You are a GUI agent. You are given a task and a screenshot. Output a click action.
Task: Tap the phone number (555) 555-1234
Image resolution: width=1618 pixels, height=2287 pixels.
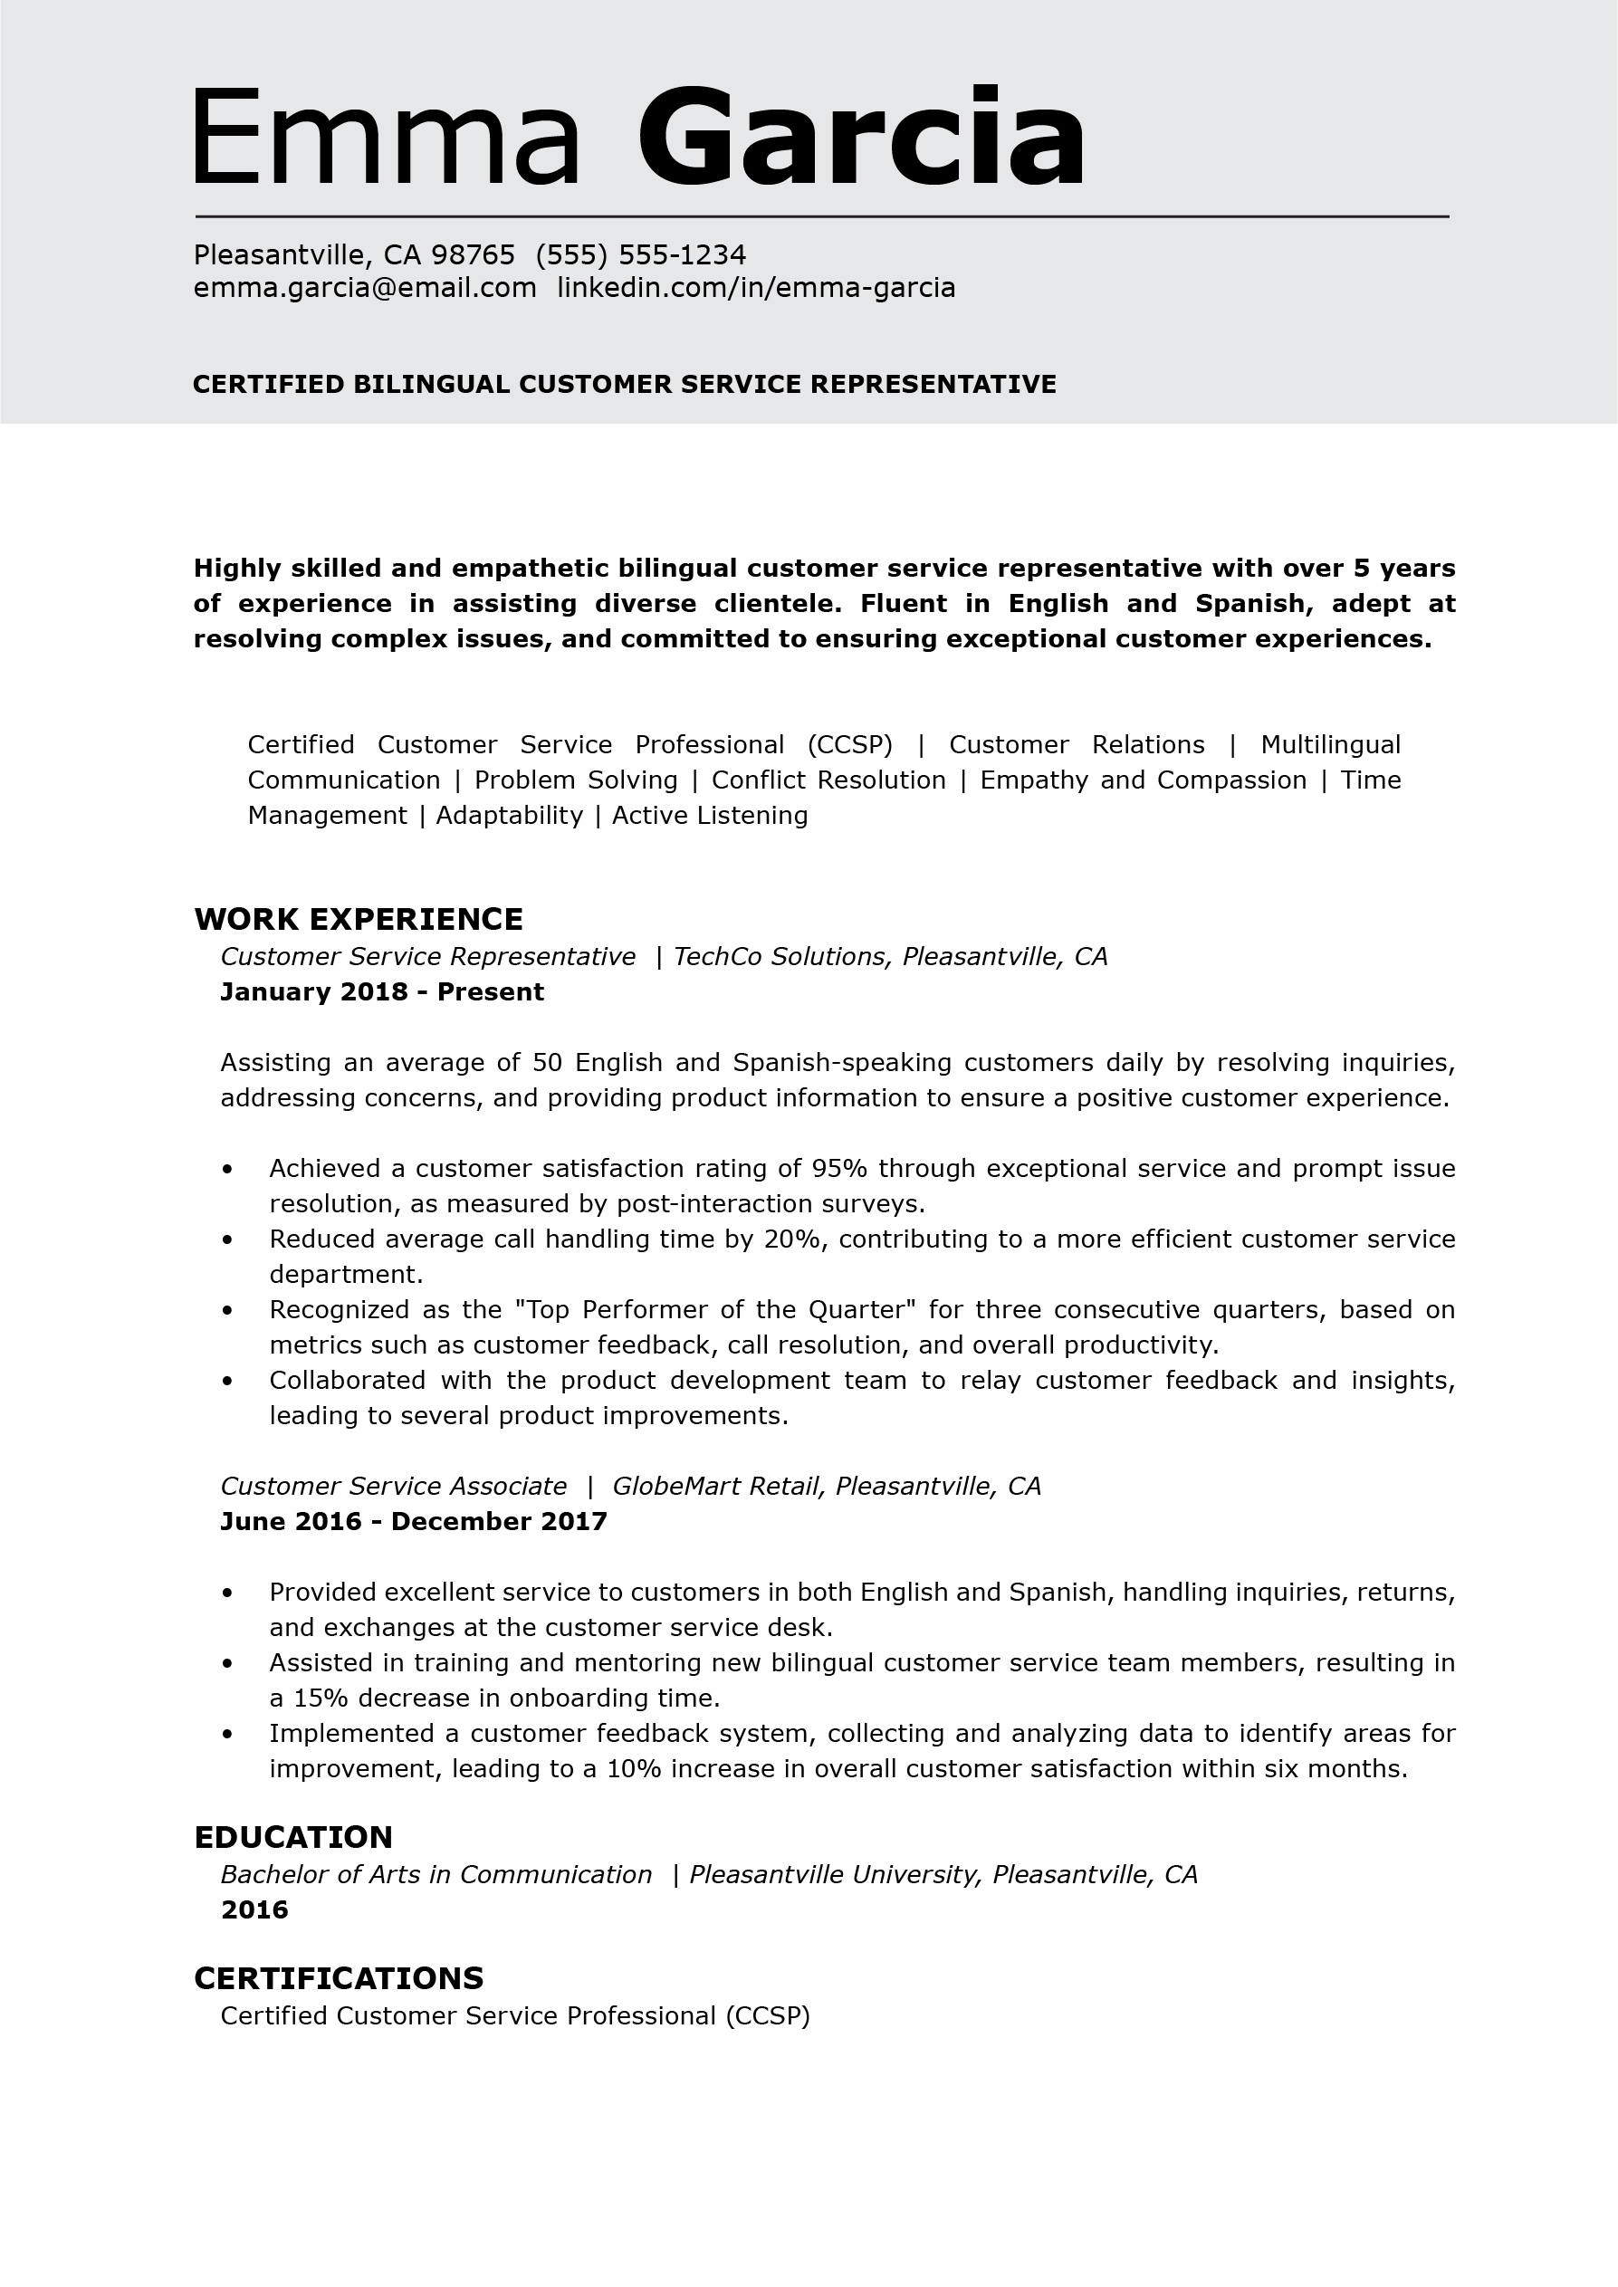[x=641, y=255]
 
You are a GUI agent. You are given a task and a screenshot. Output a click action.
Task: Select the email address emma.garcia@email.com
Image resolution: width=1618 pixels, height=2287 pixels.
[x=365, y=288]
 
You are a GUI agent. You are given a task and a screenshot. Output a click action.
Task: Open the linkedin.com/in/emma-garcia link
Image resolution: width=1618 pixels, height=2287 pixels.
[x=755, y=288]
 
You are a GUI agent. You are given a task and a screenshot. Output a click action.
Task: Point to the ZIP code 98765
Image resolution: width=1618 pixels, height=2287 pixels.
[x=473, y=255]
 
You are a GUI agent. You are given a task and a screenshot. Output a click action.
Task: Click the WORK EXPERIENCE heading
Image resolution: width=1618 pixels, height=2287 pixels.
[x=359, y=918]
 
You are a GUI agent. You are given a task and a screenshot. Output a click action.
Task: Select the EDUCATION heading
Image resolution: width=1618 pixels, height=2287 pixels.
[x=293, y=1837]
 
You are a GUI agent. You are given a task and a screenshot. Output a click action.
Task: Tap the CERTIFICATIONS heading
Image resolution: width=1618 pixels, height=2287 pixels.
[x=339, y=1977]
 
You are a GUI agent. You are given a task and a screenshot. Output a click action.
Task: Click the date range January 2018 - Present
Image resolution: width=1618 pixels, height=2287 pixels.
[x=381, y=992]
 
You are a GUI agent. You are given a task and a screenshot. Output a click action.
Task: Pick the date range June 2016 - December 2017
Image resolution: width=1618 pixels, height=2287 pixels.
[x=414, y=1521]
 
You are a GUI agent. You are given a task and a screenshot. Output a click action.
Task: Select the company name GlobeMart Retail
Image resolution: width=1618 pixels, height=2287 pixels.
[x=716, y=1486]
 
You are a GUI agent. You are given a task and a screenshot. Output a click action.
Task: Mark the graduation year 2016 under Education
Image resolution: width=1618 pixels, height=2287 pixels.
[x=254, y=1909]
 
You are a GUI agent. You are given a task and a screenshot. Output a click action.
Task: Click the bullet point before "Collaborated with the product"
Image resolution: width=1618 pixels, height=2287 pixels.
[x=228, y=1382]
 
